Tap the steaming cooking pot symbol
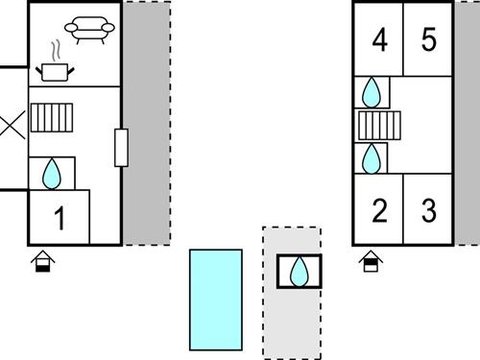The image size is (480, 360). click(x=54, y=68)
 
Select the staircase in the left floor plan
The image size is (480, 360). click(x=52, y=117)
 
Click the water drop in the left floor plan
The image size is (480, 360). click(x=53, y=173)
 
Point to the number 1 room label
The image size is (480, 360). click(x=60, y=219)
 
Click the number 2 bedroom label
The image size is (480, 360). click(x=379, y=210)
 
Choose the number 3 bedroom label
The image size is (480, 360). click(x=428, y=210)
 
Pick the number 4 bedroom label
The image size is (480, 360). click(x=379, y=41)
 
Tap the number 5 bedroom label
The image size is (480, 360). click(x=428, y=41)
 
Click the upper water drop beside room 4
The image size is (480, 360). click(x=372, y=93)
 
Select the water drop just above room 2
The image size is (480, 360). click(x=372, y=157)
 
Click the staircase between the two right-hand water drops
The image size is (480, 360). click(x=377, y=126)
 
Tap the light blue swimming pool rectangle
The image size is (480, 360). click(x=215, y=300)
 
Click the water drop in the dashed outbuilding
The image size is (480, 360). click(x=300, y=271)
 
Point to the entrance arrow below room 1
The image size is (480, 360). click(x=42, y=260)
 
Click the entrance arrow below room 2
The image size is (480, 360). click(x=371, y=260)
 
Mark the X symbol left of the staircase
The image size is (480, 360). click(x=12, y=125)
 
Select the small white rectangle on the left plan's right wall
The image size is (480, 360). click(x=121, y=147)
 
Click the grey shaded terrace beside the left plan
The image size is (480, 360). click(x=147, y=123)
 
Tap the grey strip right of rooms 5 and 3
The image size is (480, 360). click(x=467, y=123)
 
